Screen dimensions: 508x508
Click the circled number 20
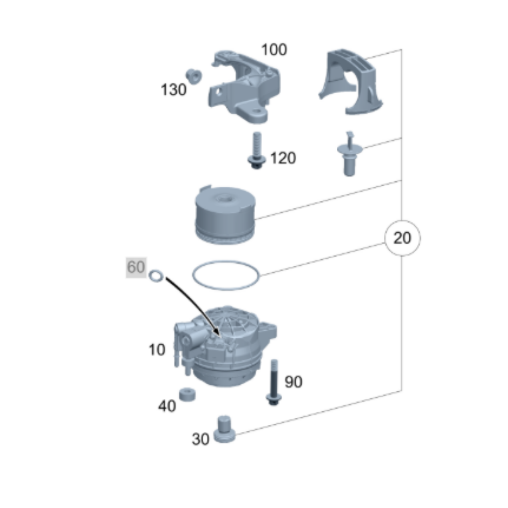pyautogui.click(x=402, y=238)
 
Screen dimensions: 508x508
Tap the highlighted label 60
pyautogui.click(x=136, y=267)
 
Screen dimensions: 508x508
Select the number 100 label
pyautogui.click(x=274, y=50)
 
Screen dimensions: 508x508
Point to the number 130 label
pyautogui.click(x=174, y=90)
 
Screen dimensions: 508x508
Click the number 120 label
pyautogui.click(x=283, y=158)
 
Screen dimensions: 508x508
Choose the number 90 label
pyautogui.click(x=294, y=382)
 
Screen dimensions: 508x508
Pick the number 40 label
pyautogui.click(x=167, y=406)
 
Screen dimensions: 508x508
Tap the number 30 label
pyautogui.click(x=200, y=439)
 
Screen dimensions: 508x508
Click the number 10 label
pyautogui.click(x=157, y=350)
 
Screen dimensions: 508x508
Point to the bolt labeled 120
pyautogui.click(x=257, y=151)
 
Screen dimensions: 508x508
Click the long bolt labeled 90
pyautogui.click(x=274, y=382)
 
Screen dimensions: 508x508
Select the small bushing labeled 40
pyautogui.click(x=187, y=394)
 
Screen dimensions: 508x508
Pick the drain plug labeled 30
pyautogui.click(x=224, y=429)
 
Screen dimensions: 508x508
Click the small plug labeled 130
pyautogui.click(x=194, y=77)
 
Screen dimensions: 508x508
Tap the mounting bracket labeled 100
pyautogui.click(x=244, y=87)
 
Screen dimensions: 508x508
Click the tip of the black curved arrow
pyautogui.click(x=220, y=337)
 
